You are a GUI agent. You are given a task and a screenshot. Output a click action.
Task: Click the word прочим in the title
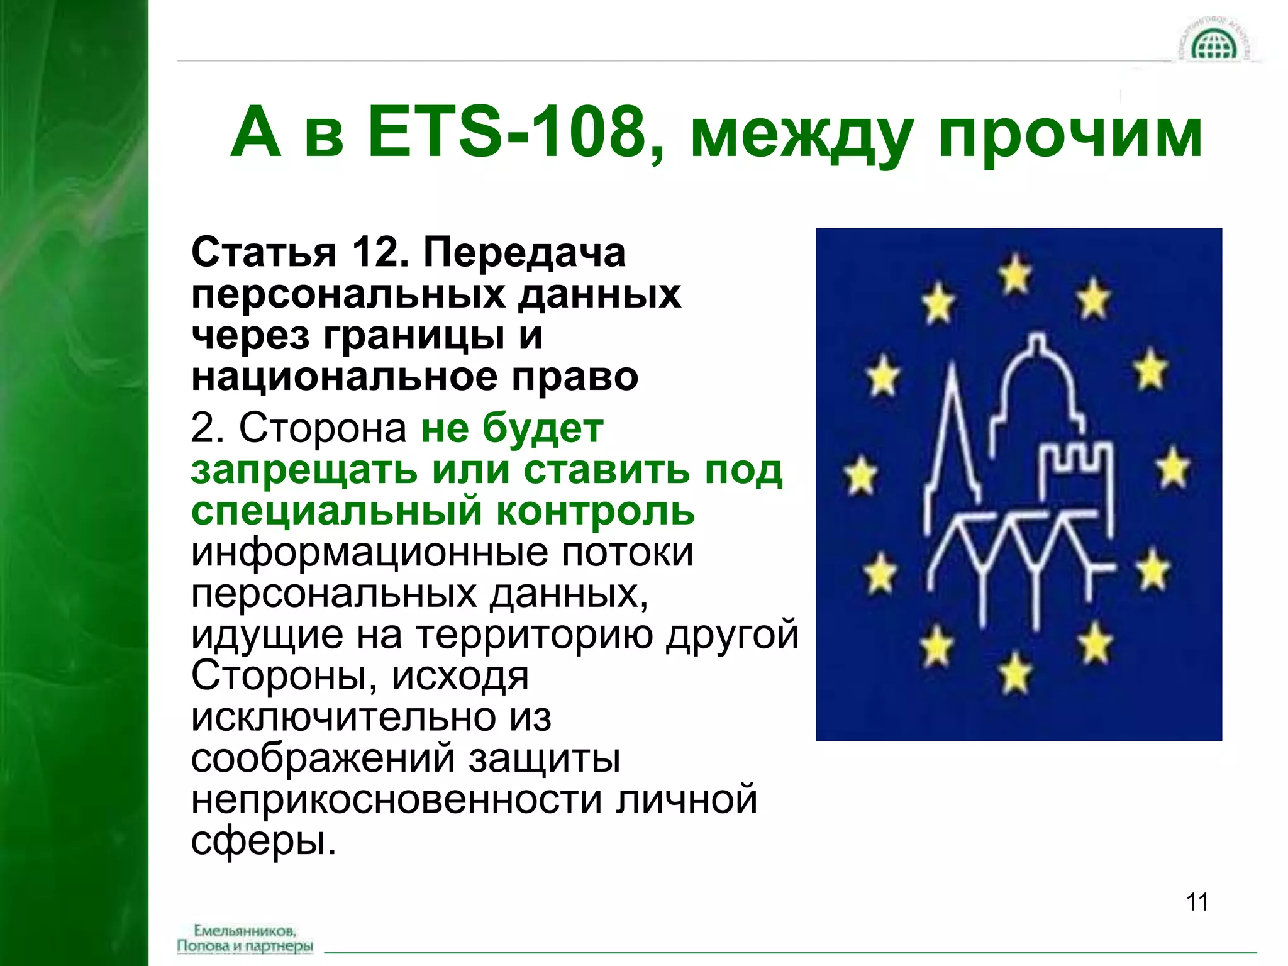[1070, 135]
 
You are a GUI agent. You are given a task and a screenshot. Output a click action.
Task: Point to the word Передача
[525, 252]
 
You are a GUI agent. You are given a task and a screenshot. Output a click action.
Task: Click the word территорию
[534, 635]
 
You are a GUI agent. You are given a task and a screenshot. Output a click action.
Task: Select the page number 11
[1197, 902]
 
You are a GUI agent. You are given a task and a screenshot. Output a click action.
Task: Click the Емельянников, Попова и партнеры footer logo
[245, 938]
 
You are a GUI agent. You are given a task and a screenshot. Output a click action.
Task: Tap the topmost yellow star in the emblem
[1016, 273]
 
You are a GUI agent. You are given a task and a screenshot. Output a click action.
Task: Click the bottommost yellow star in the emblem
[1015, 672]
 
